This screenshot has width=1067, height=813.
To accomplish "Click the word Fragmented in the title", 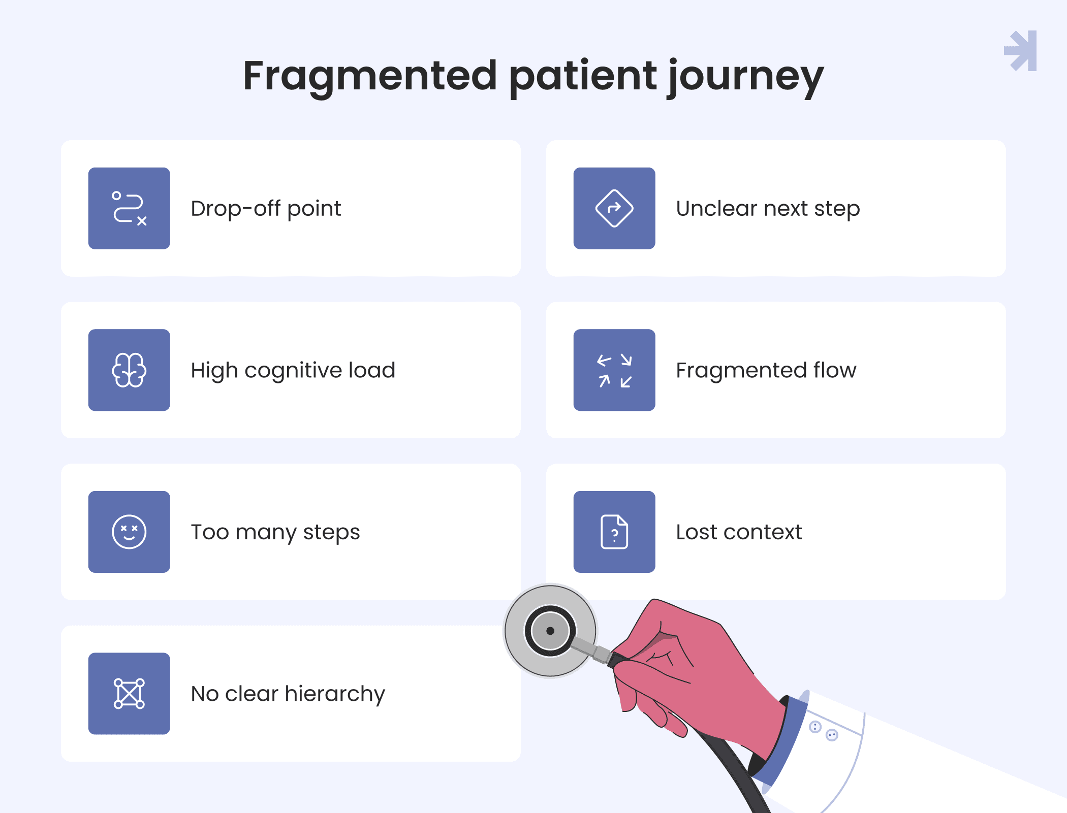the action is [x=370, y=76].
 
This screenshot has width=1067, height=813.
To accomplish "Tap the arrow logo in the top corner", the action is [x=1020, y=51].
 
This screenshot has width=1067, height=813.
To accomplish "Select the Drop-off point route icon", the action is [x=129, y=208].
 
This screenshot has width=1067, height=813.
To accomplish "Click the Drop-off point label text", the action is [x=266, y=209].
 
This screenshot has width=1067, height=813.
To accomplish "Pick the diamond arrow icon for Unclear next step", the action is [x=614, y=208].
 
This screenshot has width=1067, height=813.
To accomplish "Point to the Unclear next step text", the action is [x=768, y=209].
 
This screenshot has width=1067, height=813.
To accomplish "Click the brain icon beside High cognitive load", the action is [x=129, y=370].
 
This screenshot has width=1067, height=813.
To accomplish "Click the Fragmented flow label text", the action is [x=766, y=370].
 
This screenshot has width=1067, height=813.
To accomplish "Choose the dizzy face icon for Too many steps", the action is [x=129, y=532].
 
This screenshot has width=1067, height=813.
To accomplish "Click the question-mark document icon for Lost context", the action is [x=614, y=532].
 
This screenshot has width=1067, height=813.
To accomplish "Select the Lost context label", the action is [x=739, y=532].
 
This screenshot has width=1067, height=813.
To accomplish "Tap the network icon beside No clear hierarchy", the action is [x=129, y=694].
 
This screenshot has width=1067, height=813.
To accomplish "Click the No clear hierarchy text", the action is [x=288, y=694].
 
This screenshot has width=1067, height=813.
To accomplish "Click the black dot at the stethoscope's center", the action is [x=550, y=631].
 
